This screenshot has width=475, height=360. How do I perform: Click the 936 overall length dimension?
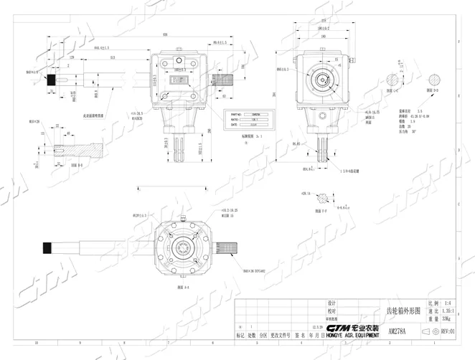[165, 34]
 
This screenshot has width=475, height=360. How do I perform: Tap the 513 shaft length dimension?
[113, 57]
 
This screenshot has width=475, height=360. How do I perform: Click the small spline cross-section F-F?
[324, 196]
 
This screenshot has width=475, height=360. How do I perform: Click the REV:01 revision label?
[447, 332]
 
